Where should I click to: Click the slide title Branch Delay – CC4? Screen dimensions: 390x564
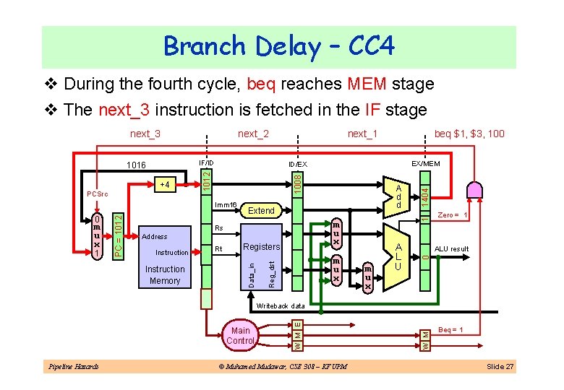[x=279, y=47]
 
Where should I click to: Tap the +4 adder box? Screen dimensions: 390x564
[x=166, y=185]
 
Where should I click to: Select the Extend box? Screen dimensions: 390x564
[x=261, y=211]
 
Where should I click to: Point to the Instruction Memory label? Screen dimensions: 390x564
[x=165, y=274]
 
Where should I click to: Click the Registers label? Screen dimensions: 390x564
[x=260, y=247]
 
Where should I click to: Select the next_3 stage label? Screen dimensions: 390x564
[x=145, y=134]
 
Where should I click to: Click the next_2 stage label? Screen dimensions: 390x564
[x=253, y=134]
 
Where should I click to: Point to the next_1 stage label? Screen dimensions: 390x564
[x=362, y=134]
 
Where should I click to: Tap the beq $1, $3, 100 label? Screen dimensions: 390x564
[x=469, y=134]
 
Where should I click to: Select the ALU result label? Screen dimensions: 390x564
[x=451, y=249]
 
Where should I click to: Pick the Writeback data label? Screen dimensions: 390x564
[x=281, y=306]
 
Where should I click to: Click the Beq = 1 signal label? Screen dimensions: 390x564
[x=451, y=330]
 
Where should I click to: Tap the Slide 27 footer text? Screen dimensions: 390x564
[x=500, y=367]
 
